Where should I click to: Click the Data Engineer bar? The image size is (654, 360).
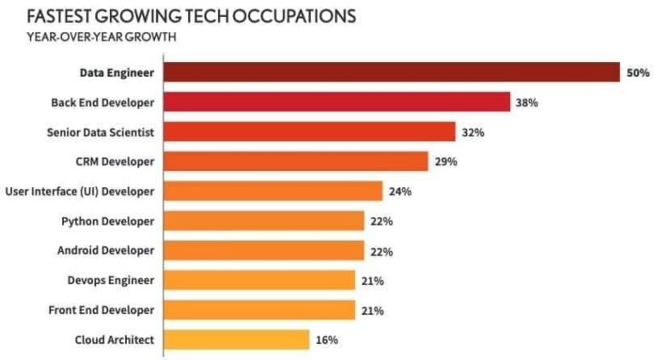(391, 72)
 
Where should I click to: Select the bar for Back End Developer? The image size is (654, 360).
(336, 102)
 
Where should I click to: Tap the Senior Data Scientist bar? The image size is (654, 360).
(309, 132)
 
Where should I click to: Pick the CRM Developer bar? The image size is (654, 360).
(295, 162)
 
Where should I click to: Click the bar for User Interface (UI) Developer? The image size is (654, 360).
(272, 191)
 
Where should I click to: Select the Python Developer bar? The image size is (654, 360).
(263, 221)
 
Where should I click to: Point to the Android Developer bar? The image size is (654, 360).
(263, 251)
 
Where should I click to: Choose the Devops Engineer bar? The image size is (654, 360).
(259, 281)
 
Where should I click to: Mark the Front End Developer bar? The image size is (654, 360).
(259, 311)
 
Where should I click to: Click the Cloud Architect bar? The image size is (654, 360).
(236, 340)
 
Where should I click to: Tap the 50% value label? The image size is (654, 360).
(638, 73)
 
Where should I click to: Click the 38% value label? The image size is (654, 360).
(525, 103)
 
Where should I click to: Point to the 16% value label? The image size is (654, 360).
(327, 340)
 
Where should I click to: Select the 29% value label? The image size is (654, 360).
(445, 162)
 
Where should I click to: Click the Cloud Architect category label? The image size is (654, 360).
(114, 340)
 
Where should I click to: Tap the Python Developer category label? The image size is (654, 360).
(107, 221)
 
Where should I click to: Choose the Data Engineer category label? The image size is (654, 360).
(117, 73)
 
